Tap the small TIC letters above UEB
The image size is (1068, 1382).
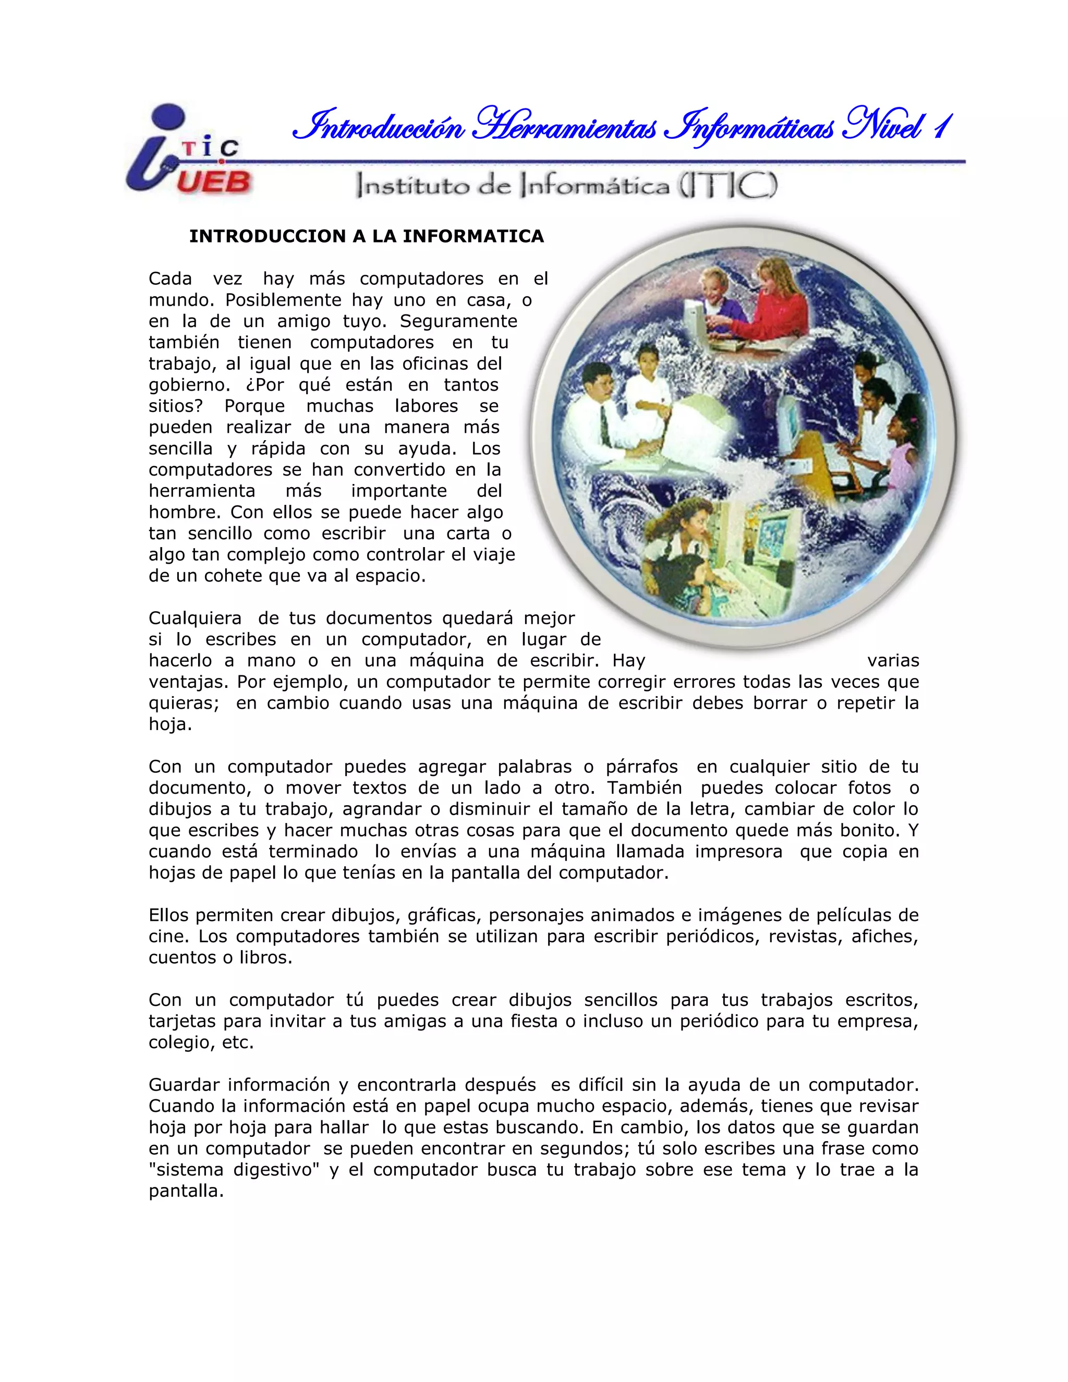pyautogui.click(x=211, y=149)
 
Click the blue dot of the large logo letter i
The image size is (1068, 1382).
pyautogui.click(x=168, y=116)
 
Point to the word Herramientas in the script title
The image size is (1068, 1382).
pyautogui.click(x=566, y=127)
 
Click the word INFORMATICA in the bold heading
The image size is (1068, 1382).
pyautogui.click(x=474, y=237)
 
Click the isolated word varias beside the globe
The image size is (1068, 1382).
pyautogui.click(x=893, y=661)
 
